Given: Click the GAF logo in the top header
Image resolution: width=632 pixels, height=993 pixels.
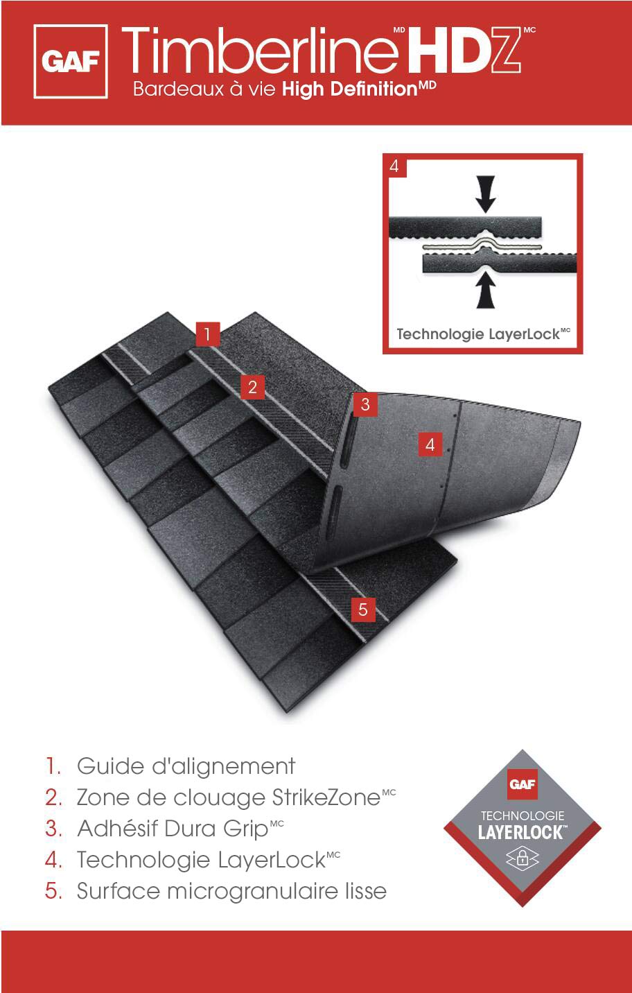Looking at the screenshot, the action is [71, 61].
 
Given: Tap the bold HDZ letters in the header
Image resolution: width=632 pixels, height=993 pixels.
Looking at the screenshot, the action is [464, 49].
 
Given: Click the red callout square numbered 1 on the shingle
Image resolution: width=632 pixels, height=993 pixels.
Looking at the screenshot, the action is [207, 334].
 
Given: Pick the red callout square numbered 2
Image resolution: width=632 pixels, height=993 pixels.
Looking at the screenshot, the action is [252, 387].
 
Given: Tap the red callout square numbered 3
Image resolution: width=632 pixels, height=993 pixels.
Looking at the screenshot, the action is [365, 404].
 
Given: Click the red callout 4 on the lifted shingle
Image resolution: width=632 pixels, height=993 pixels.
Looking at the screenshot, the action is [430, 444].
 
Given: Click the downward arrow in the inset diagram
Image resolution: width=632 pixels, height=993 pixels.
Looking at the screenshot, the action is [486, 193].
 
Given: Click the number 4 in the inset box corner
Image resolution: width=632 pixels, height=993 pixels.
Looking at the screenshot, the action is [394, 166].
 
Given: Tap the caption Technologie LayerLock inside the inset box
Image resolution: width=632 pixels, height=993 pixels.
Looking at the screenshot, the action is [483, 334].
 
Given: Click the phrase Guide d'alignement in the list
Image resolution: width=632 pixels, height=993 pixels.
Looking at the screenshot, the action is [186, 766].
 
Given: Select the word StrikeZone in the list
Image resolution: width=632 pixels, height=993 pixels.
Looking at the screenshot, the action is [326, 797].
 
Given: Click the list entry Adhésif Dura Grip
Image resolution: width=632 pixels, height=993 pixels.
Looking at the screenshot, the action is [173, 829].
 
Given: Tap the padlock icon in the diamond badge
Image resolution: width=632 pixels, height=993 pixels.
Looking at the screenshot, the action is [523, 858].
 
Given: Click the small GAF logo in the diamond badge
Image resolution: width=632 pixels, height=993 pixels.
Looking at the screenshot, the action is [523, 784].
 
